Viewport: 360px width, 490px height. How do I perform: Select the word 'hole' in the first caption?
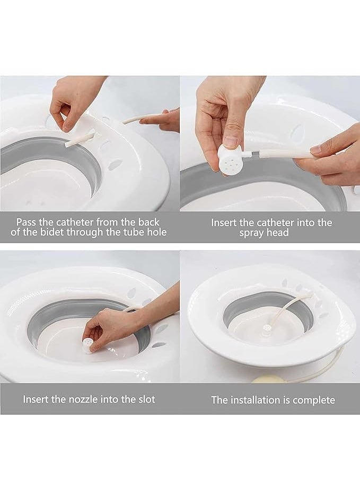[157, 232]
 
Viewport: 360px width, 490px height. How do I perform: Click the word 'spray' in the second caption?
[251, 233]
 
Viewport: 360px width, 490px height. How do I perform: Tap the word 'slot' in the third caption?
[147, 399]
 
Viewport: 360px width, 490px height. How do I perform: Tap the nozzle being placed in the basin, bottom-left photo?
[88, 344]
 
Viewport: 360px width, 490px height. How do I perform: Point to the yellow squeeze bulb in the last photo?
[265, 379]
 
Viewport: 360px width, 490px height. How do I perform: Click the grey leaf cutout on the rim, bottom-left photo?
[162, 329]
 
